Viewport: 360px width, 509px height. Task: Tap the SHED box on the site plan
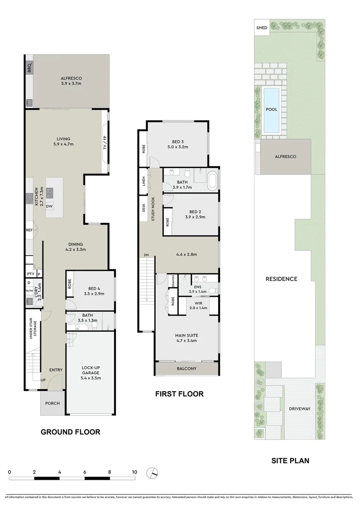[x=262, y=28]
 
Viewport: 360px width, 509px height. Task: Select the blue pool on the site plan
[x=272, y=109]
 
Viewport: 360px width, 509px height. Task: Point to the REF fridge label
[x=29, y=230]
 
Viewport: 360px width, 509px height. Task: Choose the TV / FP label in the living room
[x=105, y=141]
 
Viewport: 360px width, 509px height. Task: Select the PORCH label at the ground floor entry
[x=52, y=403]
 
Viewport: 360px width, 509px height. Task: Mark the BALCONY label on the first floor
[x=187, y=369]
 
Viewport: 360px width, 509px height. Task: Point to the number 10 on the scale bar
[x=135, y=472]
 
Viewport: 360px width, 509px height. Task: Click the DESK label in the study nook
[x=143, y=208]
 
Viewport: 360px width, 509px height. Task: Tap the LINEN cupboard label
[x=143, y=181]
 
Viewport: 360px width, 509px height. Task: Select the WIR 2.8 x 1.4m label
[x=198, y=305]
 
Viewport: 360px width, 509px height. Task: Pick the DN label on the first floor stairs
[x=146, y=255]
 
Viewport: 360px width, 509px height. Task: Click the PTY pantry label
[x=31, y=274]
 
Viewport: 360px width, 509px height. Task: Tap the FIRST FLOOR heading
[x=180, y=394]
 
